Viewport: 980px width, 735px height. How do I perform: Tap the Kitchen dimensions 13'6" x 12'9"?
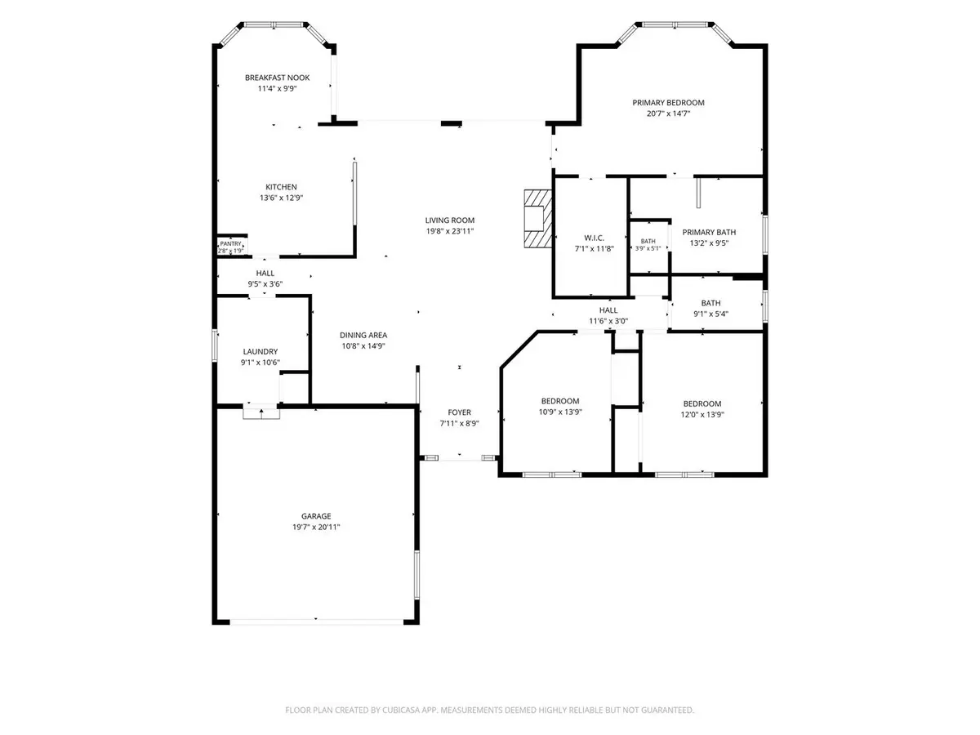click(281, 198)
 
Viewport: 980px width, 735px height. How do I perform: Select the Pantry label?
click(230, 243)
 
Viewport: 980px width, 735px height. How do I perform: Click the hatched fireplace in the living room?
click(538, 219)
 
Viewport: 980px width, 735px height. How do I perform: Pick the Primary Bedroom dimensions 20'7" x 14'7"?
click(668, 114)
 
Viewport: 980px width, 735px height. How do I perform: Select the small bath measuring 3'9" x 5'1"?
click(648, 244)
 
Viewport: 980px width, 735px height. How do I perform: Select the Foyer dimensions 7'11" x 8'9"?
click(460, 424)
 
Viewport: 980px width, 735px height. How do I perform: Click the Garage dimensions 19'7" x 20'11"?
click(316, 527)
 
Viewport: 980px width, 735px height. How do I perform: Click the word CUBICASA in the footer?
click(400, 710)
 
